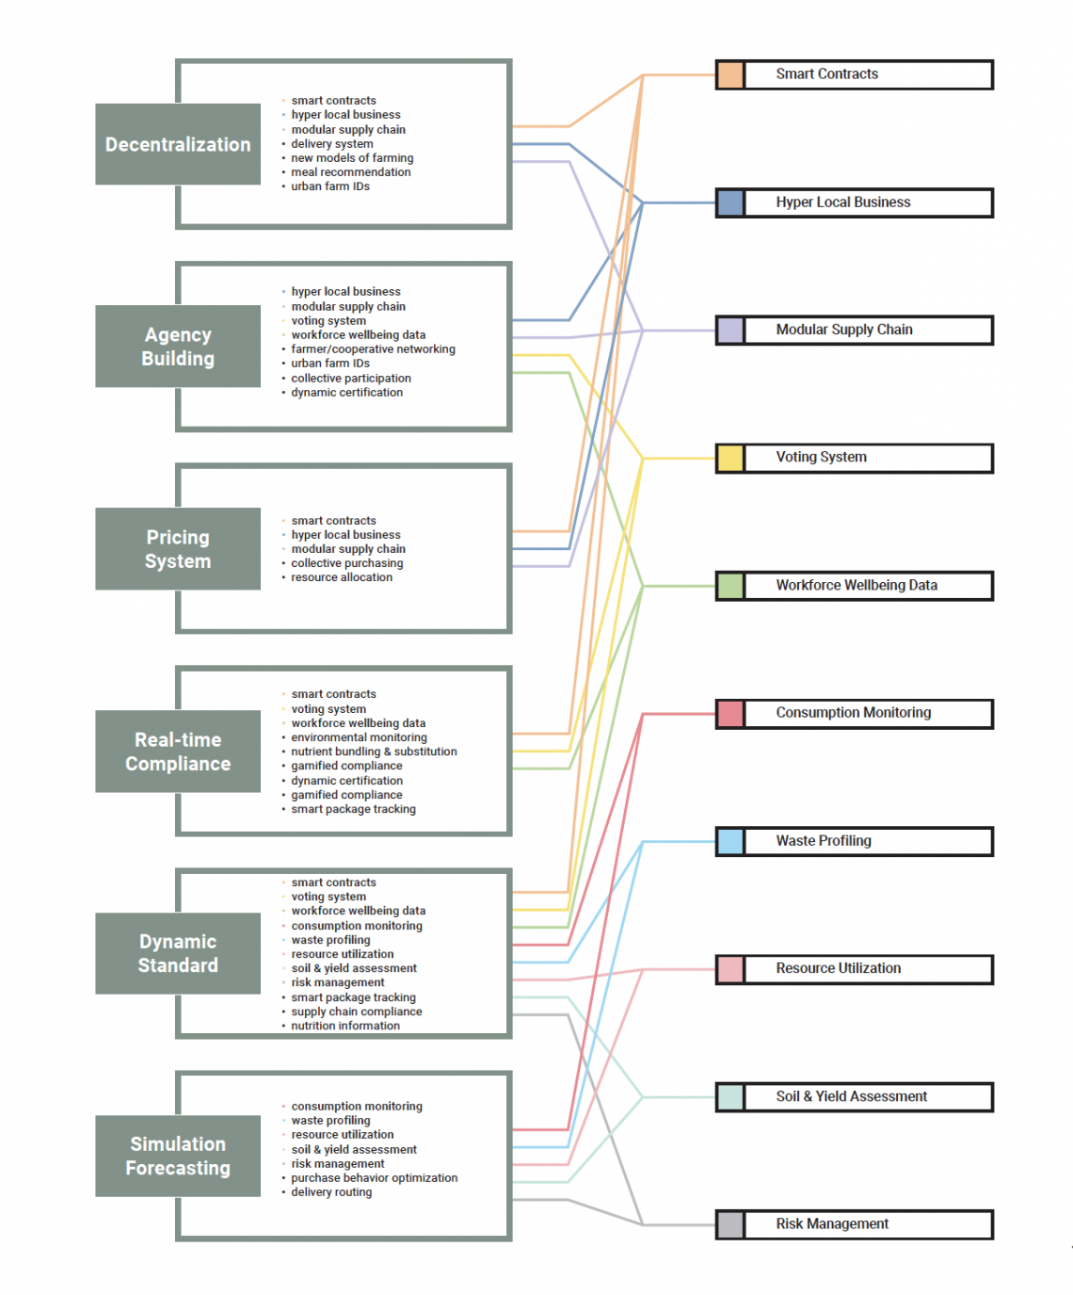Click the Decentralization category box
178,144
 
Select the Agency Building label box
178,346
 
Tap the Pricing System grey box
178,549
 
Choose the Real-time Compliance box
178,751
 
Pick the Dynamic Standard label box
178,953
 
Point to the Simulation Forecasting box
178,1156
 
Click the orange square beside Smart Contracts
730,75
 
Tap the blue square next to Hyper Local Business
730,202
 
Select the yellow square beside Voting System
730,459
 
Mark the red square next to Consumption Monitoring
730,714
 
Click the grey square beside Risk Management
730,1225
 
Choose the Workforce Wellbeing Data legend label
857,585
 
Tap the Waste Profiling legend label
824,840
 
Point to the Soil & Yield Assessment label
852,1096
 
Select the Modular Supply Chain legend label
844,330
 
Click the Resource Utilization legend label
839,968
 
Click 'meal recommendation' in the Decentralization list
351,172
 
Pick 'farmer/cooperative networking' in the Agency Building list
373,349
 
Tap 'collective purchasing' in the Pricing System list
347,563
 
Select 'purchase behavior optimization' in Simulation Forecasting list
375,1178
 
